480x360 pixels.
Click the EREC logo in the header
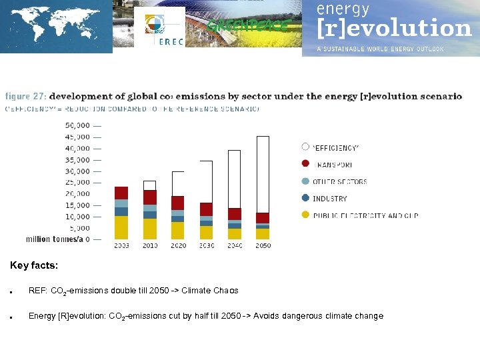[161, 28]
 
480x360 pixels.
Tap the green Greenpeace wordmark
[248, 26]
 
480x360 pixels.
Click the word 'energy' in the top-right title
[343, 9]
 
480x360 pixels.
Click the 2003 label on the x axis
[121, 246]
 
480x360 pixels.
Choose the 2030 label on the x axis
[206, 246]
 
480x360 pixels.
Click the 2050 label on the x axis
[263, 246]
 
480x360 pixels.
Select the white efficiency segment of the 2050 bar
[263, 174]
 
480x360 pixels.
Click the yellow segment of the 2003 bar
[121, 227]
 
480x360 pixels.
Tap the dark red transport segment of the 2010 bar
[150, 197]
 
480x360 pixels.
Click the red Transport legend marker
[305, 164]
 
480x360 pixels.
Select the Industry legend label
[329, 199]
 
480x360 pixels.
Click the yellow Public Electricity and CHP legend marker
[305, 215]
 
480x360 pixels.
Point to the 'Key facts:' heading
[34, 265]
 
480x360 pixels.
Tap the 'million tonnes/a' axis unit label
[54, 239]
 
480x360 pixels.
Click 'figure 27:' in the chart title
[25, 97]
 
